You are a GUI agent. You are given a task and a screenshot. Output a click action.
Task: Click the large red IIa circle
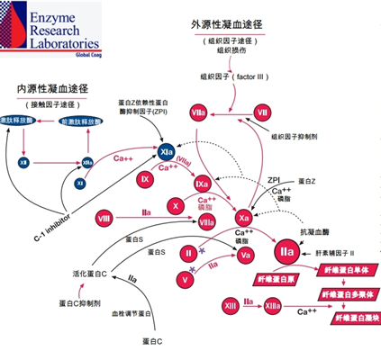286,250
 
